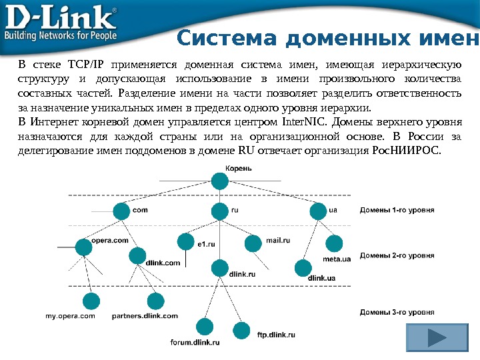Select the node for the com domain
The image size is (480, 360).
[121, 212]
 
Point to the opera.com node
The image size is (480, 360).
[84, 247]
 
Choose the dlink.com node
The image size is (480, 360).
[137, 255]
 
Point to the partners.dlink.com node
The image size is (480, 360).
[155, 301]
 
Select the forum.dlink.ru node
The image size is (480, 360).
[204, 327]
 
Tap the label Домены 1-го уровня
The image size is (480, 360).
[397, 210]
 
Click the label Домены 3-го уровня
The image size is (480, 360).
[397, 311]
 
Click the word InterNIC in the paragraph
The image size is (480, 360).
[304, 123]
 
